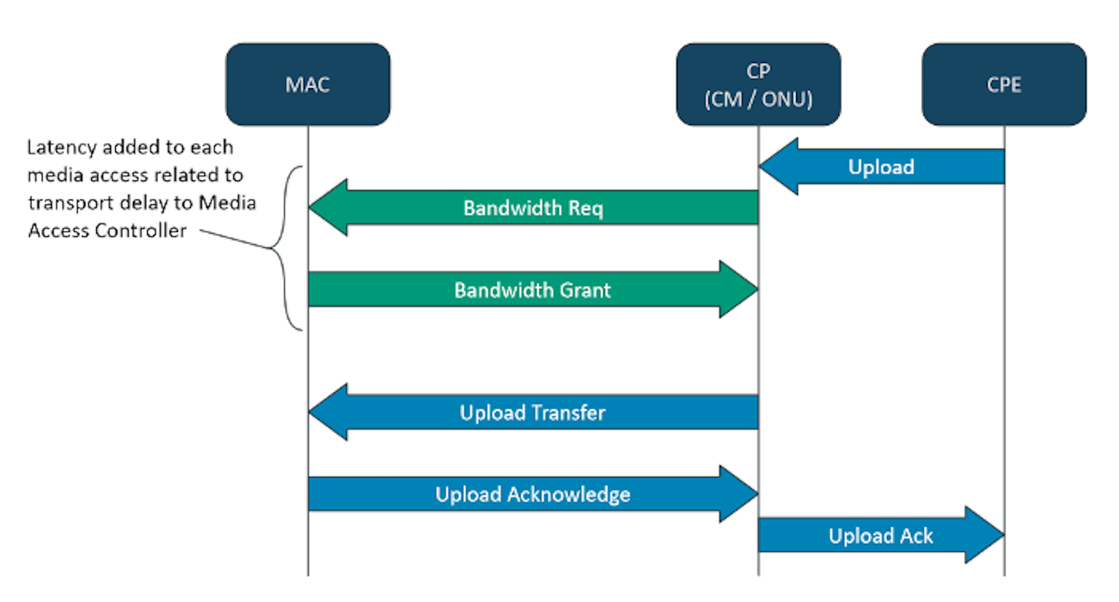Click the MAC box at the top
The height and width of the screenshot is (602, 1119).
click(308, 84)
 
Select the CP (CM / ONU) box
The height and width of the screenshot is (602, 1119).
click(758, 84)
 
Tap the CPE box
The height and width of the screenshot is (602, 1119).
click(1004, 84)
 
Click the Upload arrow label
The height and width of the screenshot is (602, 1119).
click(881, 167)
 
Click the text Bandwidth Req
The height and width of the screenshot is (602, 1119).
click(533, 208)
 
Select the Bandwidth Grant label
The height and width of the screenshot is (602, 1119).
click(532, 290)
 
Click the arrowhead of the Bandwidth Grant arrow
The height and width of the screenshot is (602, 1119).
click(739, 290)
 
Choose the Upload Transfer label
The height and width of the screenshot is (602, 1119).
click(532, 413)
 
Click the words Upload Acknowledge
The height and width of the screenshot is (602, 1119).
click(533, 495)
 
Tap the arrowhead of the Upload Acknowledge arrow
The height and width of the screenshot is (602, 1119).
click(739, 494)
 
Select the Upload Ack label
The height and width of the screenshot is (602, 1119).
click(881, 536)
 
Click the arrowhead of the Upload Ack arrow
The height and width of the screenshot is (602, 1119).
click(984, 535)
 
